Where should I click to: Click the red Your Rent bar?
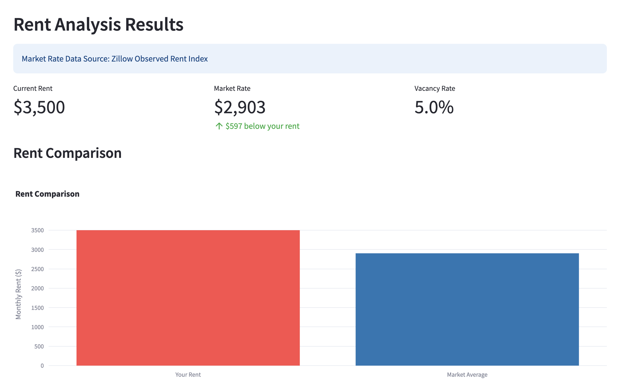pos(188,298)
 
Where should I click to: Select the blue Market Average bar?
pos(467,309)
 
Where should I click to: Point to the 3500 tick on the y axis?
pos(37,230)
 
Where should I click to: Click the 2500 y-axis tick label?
pos(37,269)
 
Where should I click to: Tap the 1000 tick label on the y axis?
pos(37,327)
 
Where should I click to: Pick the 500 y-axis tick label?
pos(39,346)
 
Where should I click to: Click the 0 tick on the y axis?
pos(42,366)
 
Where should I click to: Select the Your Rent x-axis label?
pos(188,375)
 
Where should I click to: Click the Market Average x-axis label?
pos(467,375)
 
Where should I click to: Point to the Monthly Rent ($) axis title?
pos(18,294)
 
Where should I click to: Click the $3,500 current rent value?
pos(39,107)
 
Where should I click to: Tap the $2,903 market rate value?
pos(240,107)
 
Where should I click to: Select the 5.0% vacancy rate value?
pos(434,107)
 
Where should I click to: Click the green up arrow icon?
pos(219,126)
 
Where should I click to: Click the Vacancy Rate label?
pos(434,88)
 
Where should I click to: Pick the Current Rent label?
pos(33,88)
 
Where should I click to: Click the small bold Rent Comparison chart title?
pos(48,194)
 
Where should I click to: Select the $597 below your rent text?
pos(262,126)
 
